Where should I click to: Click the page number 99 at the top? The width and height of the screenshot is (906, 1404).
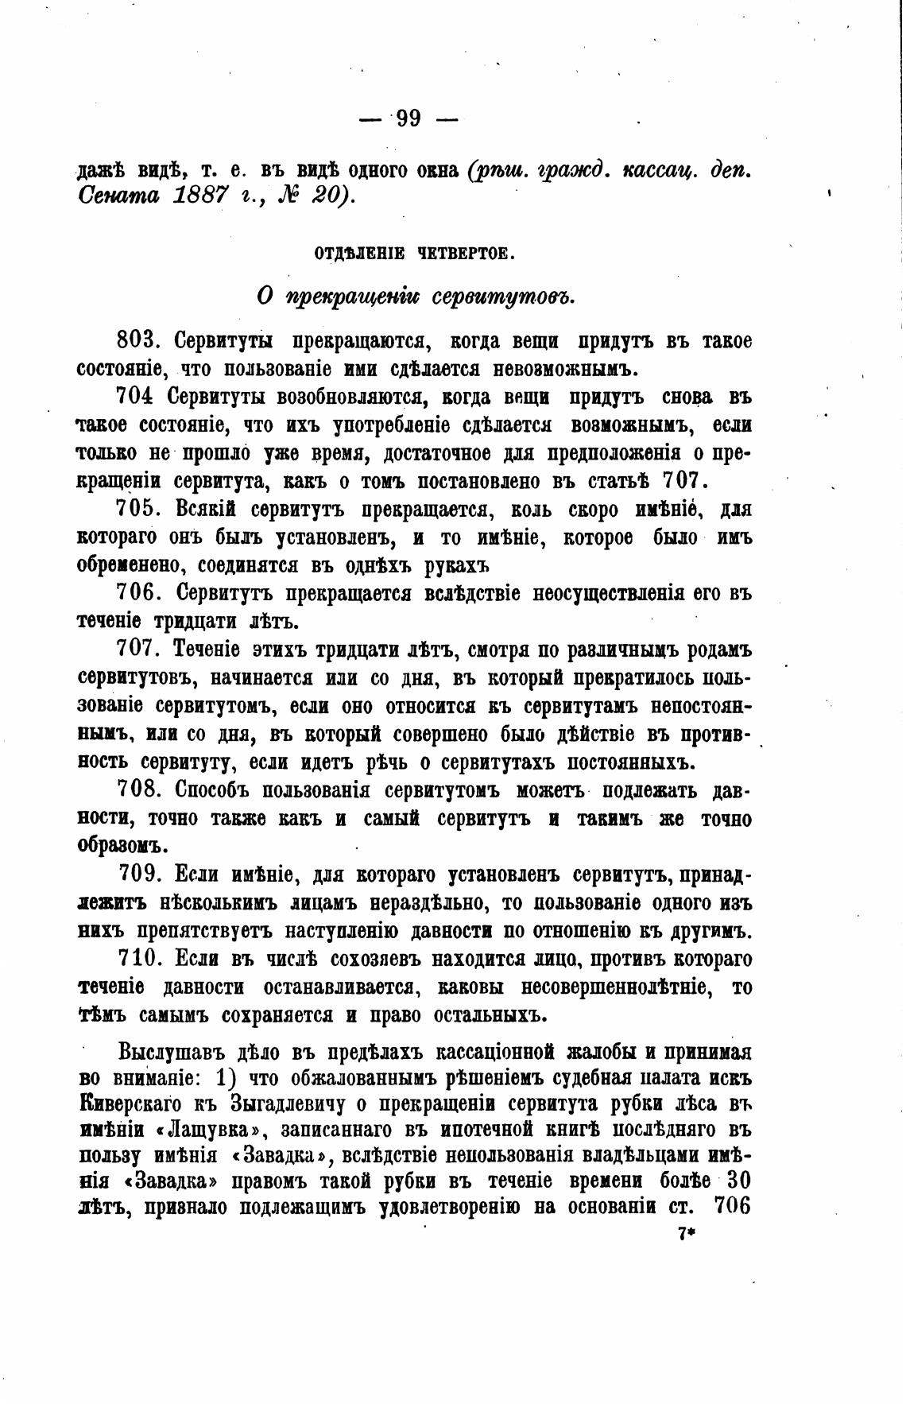pyautogui.click(x=408, y=119)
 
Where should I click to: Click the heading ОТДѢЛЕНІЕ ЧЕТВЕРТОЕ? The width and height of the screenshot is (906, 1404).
pyautogui.click(x=415, y=254)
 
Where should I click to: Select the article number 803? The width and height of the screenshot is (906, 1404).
pyautogui.click(x=140, y=341)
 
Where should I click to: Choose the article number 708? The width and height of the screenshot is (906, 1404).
pyautogui.click(x=140, y=791)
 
